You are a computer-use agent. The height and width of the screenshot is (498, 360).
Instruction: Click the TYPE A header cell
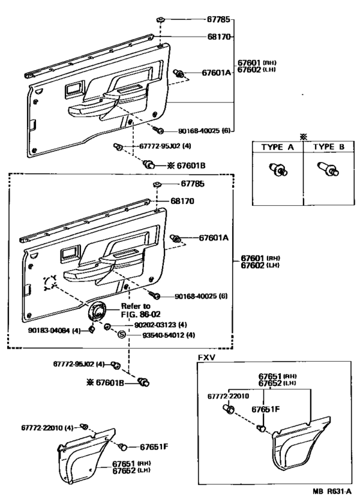(x=278, y=147)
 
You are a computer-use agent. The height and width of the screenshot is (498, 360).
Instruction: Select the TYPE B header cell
(x=328, y=147)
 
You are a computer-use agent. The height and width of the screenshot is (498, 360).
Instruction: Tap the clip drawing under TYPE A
(x=278, y=169)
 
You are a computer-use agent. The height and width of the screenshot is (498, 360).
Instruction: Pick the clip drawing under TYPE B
(x=328, y=169)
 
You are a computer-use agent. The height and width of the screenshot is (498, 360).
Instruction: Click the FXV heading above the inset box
(x=206, y=357)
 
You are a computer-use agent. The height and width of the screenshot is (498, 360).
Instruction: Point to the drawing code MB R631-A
(x=330, y=491)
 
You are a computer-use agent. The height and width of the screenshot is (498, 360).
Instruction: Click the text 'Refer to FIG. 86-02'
(x=141, y=310)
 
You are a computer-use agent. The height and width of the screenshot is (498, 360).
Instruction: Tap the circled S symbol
(x=122, y=335)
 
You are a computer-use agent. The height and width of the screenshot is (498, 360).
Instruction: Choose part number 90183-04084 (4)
(x=54, y=330)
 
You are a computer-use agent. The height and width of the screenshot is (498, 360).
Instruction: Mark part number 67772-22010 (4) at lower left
(x=48, y=428)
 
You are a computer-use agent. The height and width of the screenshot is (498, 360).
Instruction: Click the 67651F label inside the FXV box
(x=265, y=409)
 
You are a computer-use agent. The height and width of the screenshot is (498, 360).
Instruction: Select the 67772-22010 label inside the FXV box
(x=228, y=396)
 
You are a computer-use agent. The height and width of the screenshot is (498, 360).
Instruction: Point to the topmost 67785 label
(x=219, y=19)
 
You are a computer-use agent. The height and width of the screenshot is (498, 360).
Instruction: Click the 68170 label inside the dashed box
(x=182, y=201)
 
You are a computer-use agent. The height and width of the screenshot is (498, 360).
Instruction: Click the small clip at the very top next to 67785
(x=161, y=20)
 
